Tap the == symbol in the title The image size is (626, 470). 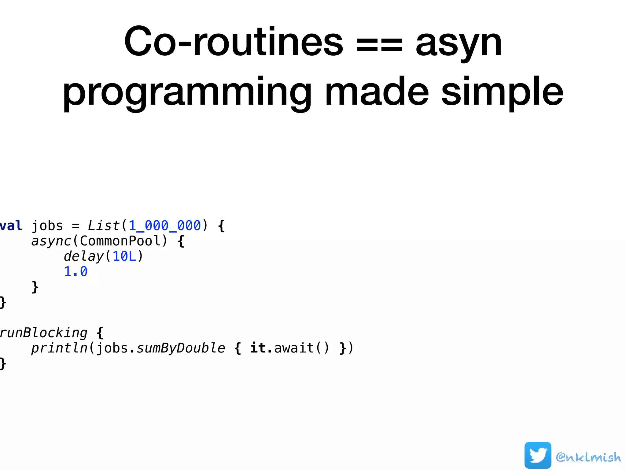coord(379,46)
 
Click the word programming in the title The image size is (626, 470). coord(187,92)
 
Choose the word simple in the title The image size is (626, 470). coord(502,92)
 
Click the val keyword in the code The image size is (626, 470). coord(11,226)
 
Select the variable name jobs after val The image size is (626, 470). coord(47,226)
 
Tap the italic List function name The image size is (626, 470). coord(104,226)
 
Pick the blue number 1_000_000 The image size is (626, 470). coord(164,226)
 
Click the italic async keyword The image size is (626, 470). coord(51,241)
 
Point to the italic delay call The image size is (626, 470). coord(84,256)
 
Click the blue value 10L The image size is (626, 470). coord(124,256)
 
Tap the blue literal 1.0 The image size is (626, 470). coord(75,272)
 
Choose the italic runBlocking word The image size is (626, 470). coord(44,333)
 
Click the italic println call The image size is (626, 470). coord(59,348)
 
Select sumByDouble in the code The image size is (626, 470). coord(181,348)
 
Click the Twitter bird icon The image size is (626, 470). coord(538,455)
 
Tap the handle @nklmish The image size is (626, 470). coord(588,457)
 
